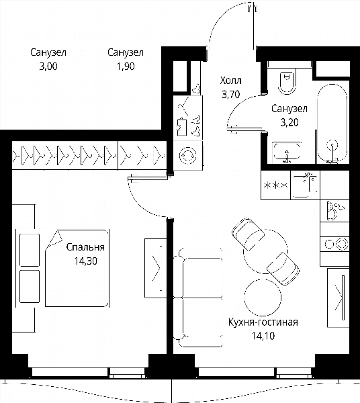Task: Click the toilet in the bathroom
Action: coord(287,83)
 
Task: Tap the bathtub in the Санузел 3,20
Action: coord(332,124)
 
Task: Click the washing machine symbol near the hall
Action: coord(187,155)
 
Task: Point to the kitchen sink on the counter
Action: coord(306,185)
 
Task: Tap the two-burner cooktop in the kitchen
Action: coord(334,244)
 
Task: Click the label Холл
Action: coord(230,81)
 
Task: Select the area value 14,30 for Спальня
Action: coord(85,261)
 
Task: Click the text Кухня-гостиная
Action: coord(263,322)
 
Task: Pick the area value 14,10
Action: coord(263,336)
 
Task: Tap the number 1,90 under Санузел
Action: coord(126,66)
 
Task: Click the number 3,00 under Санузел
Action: coord(48,66)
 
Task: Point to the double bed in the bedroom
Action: coord(77,268)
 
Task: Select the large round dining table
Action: coord(265,252)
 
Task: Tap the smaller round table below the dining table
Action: coord(263,298)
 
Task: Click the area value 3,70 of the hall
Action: coord(231,95)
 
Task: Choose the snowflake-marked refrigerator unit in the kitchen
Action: coord(275,185)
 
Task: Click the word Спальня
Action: coord(85,247)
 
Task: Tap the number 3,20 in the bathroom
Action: coord(289,123)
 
